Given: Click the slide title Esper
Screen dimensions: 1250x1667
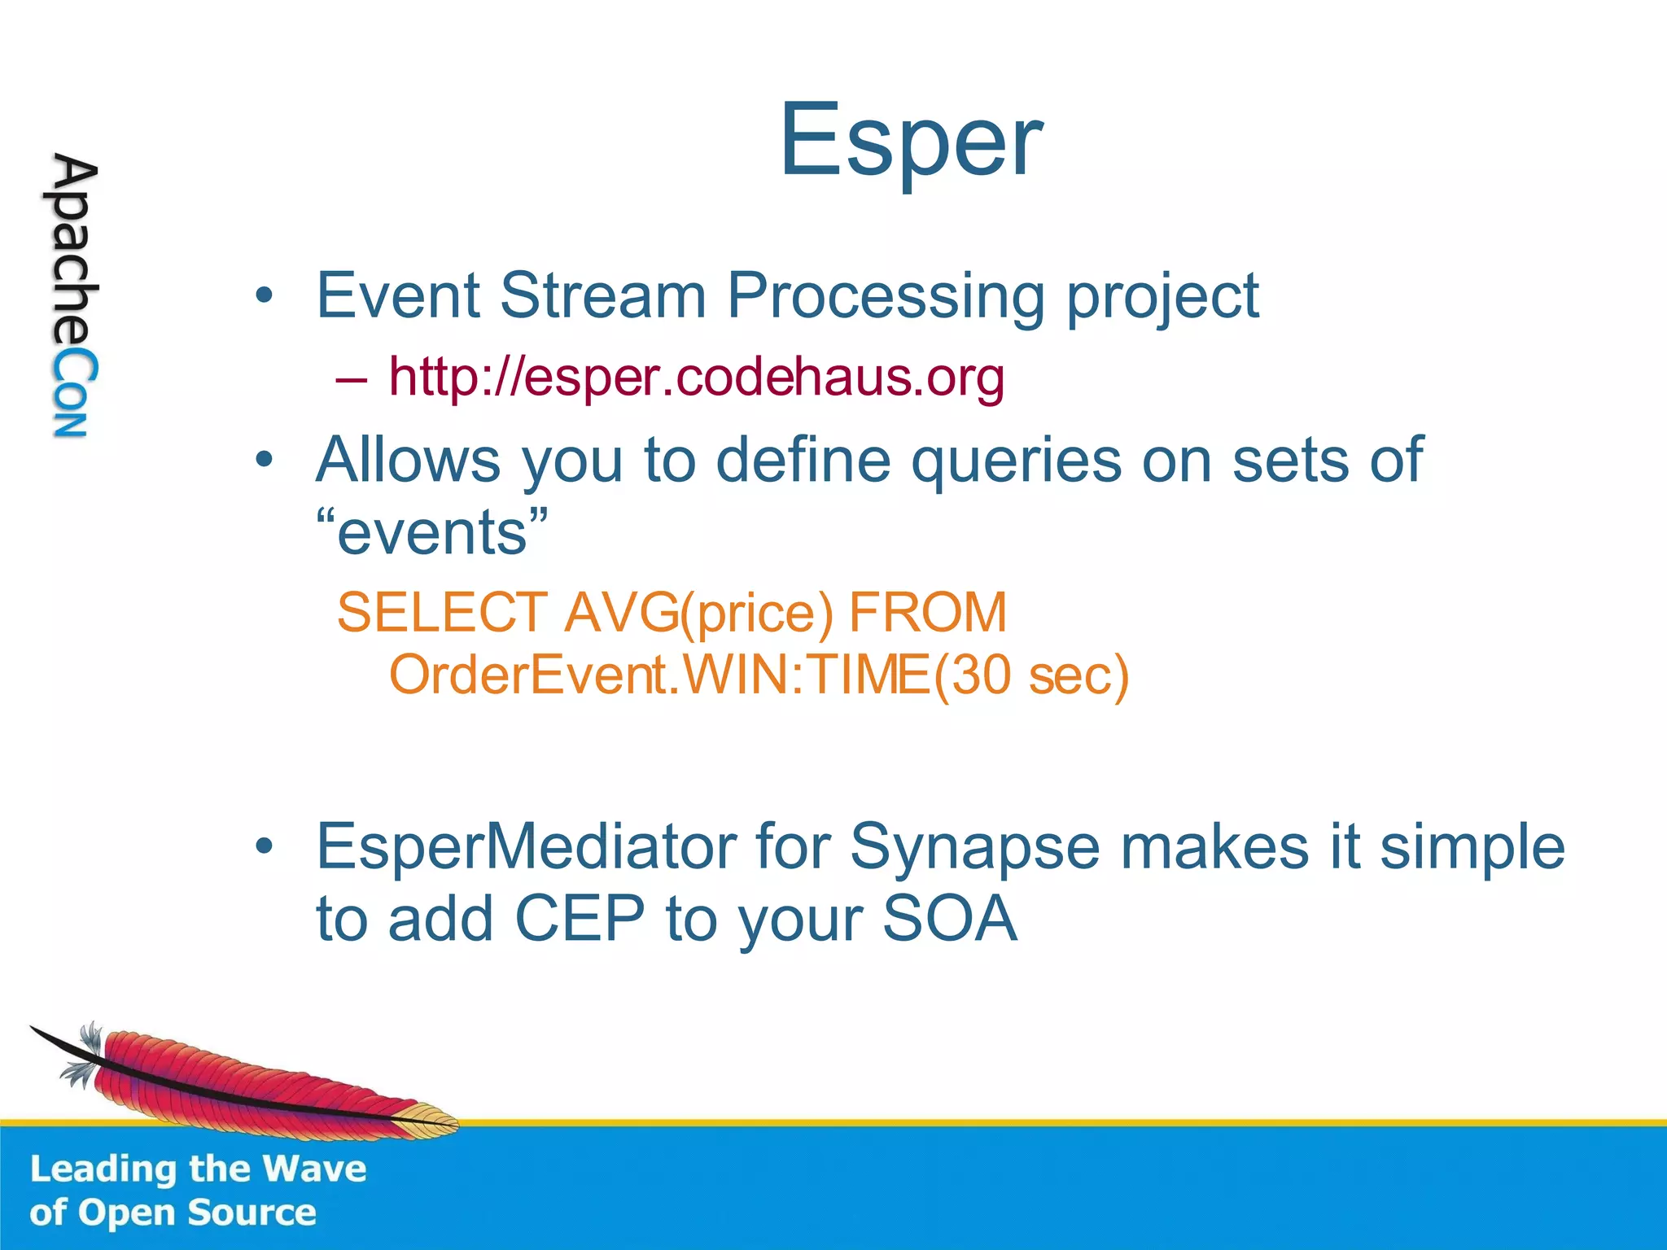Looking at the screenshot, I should coord(910,140).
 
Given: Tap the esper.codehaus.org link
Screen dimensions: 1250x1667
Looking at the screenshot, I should coord(696,377).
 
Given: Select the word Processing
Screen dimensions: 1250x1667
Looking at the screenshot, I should coord(885,296).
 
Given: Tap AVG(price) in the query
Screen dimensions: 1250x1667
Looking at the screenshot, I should coord(698,614).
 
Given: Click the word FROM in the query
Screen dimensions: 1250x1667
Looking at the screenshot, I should coord(927,612).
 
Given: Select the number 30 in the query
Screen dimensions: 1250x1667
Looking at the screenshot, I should coord(979,675).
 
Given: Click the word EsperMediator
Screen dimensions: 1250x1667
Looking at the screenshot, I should coord(525,846).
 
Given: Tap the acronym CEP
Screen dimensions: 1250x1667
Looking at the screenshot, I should coord(580,919).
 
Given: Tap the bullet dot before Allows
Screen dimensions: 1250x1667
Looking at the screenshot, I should coord(263,461).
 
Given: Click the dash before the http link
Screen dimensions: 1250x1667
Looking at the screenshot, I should coord(351,378).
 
